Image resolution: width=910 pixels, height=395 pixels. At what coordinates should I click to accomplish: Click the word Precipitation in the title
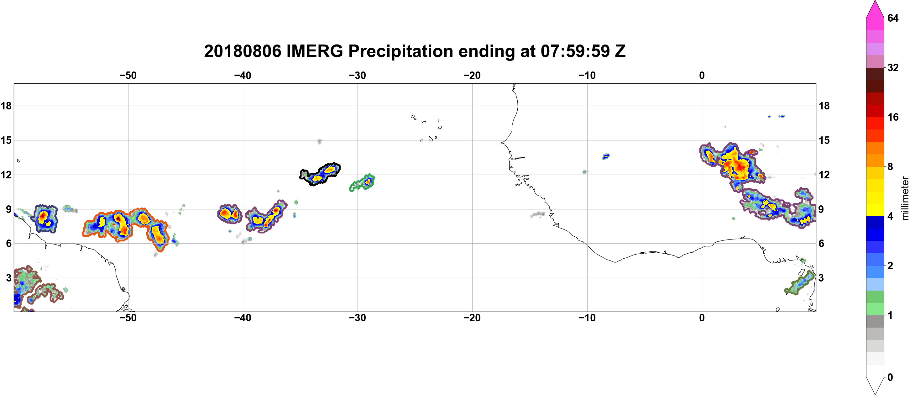point(400,52)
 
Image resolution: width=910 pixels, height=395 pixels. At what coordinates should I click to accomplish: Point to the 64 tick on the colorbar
point(893,18)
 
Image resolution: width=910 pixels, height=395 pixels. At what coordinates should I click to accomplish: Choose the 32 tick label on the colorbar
point(893,67)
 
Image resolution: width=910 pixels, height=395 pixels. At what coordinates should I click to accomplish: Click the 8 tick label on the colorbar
point(890,166)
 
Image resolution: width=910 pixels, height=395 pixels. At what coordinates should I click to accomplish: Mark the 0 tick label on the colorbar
point(890,377)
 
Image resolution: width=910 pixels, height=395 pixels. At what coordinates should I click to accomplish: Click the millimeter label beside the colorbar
point(905,198)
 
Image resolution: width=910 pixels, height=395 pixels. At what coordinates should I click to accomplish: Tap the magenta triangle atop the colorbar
point(875,9)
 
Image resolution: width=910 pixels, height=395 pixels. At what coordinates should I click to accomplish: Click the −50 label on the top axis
point(128,76)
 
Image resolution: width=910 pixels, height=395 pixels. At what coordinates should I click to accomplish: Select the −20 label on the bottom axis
point(472,318)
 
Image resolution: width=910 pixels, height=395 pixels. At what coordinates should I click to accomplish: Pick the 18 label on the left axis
point(6,106)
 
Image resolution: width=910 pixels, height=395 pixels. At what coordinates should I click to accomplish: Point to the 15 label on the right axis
point(824,140)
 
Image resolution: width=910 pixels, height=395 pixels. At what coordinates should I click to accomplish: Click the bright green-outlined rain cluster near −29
point(363,183)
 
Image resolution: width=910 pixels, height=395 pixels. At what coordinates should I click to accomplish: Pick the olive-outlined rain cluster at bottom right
point(799,283)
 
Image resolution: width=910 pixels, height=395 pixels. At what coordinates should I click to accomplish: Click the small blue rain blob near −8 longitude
point(606,156)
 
